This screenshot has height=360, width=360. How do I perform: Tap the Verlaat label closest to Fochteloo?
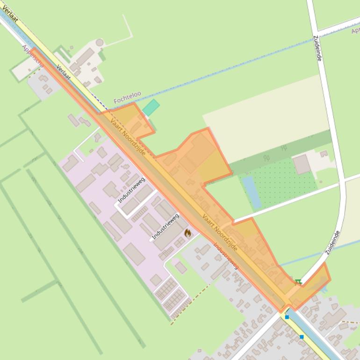click(63, 72)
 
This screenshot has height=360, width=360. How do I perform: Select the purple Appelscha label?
click(33, 56)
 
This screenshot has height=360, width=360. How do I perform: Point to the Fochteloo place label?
click(127, 97)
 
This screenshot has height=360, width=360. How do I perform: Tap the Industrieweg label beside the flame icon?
click(166, 226)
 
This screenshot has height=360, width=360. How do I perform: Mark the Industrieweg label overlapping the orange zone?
click(226, 255)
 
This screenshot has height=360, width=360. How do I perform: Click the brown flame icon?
click(187, 233)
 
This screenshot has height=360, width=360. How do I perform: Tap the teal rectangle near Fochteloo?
click(151, 108)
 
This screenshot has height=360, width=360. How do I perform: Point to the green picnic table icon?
click(298, 281)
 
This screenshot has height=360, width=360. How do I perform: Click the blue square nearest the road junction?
click(287, 317)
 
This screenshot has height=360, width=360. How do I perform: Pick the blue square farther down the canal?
click(302, 337)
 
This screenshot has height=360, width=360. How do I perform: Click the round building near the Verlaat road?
click(99, 43)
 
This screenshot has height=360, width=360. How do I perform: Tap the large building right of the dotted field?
click(302, 164)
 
